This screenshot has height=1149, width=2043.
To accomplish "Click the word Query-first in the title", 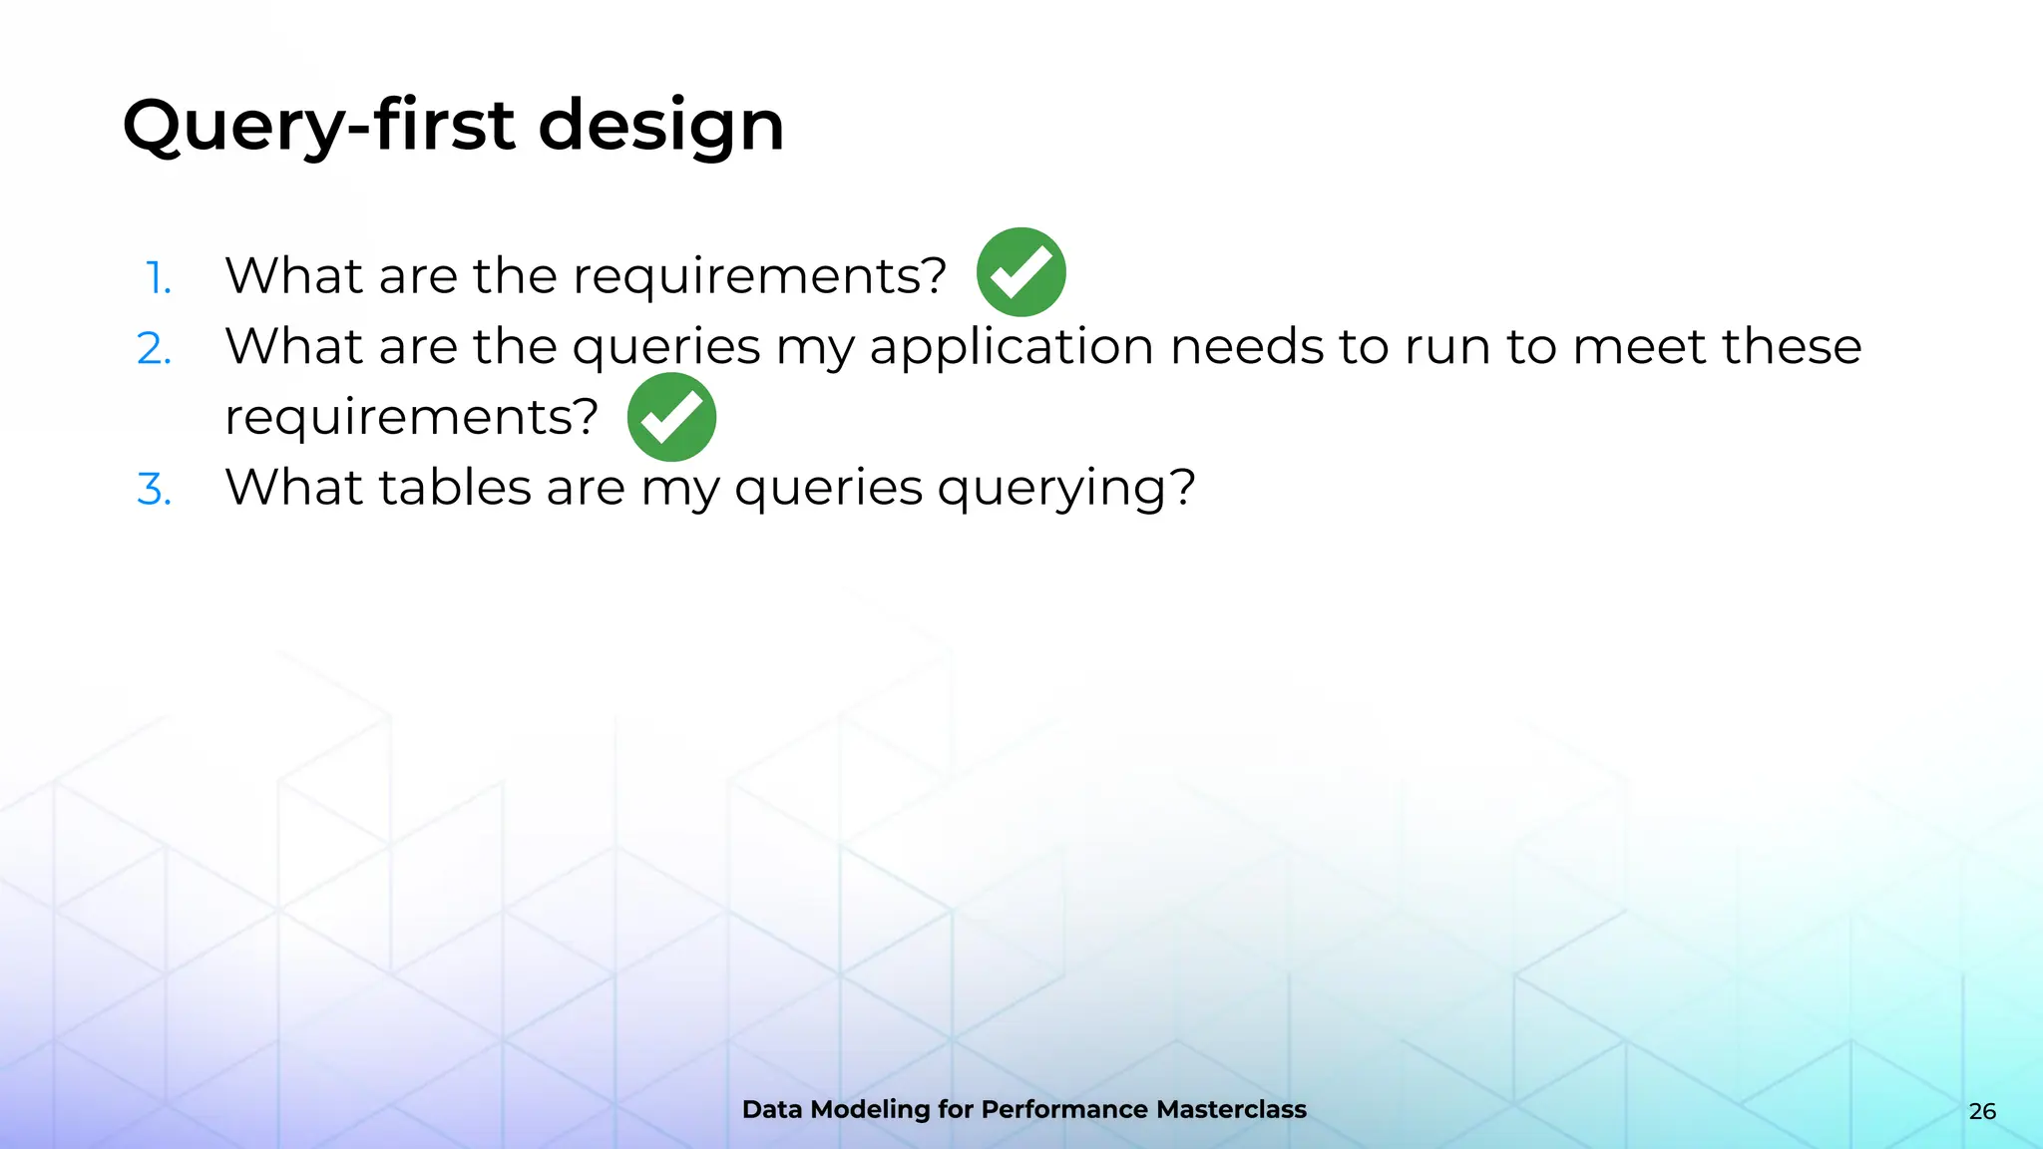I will (318, 127).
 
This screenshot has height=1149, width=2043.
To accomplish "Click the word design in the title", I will (660, 127).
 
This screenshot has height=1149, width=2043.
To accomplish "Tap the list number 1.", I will (159, 277).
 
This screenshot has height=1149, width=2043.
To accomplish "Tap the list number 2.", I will (155, 349).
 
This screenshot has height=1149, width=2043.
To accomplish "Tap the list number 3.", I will (155, 490).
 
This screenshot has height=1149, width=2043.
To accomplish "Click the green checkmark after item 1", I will (1021, 272).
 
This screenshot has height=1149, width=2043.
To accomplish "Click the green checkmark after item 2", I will (671, 417).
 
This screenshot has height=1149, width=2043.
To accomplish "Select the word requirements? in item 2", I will (411, 418).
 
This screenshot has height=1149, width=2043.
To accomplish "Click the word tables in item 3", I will (454, 488).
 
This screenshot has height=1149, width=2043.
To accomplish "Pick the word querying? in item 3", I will (1065, 490).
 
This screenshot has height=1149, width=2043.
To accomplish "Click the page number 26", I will (1981, 1111).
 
